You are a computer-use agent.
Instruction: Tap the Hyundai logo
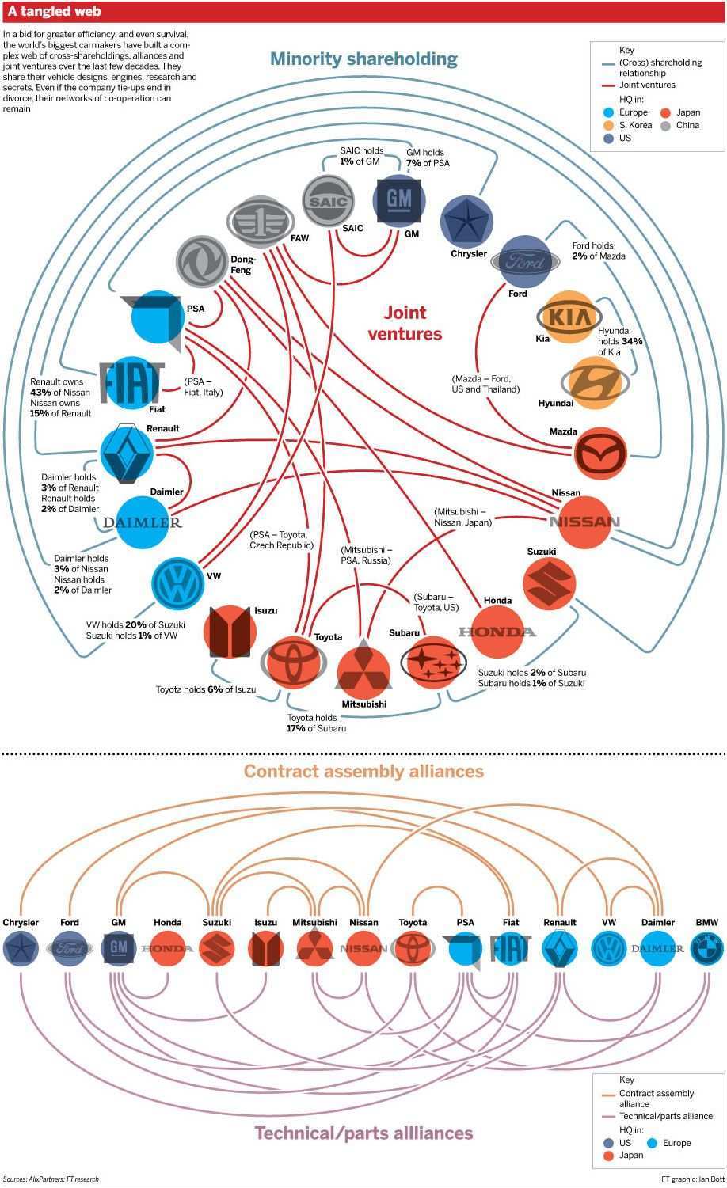pos(595,382)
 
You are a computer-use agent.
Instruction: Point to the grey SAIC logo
pos(328,203)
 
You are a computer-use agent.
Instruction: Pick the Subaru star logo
pos(432,662)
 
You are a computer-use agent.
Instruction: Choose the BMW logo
pos(706,948)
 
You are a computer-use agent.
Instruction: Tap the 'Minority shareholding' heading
pos(363,59)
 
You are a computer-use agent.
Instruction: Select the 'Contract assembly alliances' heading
pos(363,771)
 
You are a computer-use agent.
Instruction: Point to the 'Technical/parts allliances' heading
pos(363,1133)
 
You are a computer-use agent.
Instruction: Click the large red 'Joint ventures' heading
pos(405,323)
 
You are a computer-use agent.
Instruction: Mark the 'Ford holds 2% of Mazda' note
pos(598,251)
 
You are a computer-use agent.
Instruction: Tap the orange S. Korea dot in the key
pos(608,125)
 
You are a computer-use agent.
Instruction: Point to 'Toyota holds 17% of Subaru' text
pos(316,723)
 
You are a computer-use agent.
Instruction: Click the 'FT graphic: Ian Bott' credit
pos(692,1179)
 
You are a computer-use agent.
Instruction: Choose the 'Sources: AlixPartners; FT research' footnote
pos(51,1179)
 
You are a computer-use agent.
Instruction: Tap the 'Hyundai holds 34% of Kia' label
pos(619,341)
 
